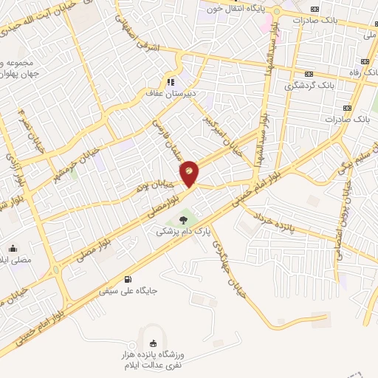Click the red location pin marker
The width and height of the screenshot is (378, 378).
click(189, 173)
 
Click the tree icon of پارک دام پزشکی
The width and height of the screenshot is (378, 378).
click(182, 219)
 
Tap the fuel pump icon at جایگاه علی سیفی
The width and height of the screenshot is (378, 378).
click(129, 279)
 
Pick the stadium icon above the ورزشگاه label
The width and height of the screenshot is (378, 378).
click(153, 343)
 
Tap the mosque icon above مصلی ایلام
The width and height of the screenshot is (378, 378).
click(13, 248)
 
